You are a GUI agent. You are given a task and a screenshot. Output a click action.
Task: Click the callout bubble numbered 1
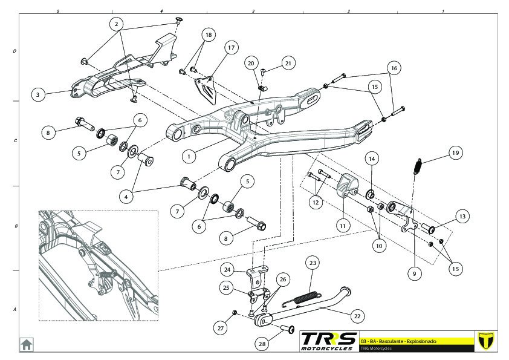pos(189,155)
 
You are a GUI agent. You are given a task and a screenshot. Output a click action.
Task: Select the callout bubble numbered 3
pos(38,95)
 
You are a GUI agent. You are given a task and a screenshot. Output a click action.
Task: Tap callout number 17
pos(230,48)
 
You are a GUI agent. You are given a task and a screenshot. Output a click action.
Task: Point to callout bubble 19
pos(455,154)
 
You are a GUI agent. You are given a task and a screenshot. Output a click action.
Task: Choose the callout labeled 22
pos(357,315)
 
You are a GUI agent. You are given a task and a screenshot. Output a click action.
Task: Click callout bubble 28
pos(262,344)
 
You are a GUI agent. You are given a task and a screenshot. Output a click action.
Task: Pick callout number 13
pos(462,217)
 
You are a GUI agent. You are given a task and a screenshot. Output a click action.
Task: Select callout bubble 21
pos(288,63)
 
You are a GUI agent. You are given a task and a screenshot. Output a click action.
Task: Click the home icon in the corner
pos(27,344)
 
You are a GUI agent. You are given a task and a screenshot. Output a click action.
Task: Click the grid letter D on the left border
pos(15,52)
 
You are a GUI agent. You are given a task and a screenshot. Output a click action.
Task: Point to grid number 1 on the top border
pos(443,11)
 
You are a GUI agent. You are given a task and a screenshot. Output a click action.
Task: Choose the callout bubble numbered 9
pos(414,274)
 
